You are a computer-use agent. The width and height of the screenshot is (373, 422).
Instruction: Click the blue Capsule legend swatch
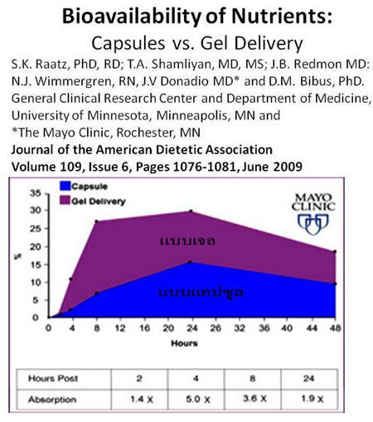(65, 186)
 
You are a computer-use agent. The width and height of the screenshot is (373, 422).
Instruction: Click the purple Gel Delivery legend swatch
(65, 201)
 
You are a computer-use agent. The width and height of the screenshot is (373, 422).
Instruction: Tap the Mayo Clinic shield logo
(313, 225)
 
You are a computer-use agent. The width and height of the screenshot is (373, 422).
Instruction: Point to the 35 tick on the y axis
(36, 193)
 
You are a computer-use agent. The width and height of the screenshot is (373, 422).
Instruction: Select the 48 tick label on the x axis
(335, 328)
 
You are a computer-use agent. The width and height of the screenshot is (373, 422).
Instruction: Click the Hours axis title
(184, 343)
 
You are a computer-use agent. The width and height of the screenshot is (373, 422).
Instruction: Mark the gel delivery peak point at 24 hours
(191, 211)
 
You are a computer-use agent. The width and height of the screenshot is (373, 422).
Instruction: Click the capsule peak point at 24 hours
(190, 262)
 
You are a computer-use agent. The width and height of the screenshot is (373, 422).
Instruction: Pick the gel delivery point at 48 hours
(335, 252)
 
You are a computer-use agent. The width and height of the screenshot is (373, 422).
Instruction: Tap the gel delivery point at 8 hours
(96, 221)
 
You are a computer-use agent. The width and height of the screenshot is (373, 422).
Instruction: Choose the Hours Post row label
(53, 378)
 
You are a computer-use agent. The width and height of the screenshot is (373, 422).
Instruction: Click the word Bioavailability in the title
(131, 17)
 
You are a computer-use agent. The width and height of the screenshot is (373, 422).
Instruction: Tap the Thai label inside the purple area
(187, 240)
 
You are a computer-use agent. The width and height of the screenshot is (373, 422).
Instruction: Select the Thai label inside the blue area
(201, 292)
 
